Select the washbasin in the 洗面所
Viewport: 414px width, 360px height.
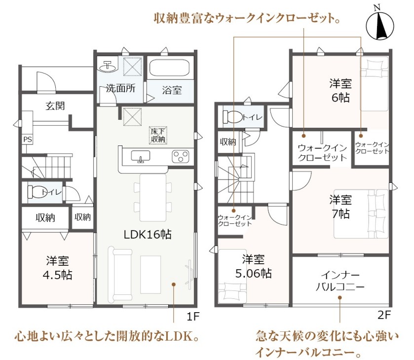click(x=108, y=67)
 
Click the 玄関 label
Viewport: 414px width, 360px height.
click(x=55, y=106)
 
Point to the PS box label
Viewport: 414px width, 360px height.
click(x=28, y=140)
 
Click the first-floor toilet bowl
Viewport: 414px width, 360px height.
click(x=38, y=192)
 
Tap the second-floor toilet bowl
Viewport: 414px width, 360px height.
click(x=233, y=117)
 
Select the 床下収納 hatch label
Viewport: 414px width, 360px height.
click(x=158, y=136)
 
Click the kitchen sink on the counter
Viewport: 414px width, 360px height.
click(x=141, y=156)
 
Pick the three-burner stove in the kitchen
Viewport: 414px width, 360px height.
click(x=180, y=156)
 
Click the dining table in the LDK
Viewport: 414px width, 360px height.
click(x=153, y=197)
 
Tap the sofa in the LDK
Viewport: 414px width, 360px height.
click(x=119, y=275)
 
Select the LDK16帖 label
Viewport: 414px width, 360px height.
click(x=148, y=234)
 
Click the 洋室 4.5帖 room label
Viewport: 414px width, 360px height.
click(x=57, y=268)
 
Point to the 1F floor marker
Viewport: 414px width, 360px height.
click(x=193, y=316)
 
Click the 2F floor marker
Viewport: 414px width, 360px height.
click(x=384, y=315)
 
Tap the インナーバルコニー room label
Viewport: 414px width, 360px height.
click(x=340, y=281)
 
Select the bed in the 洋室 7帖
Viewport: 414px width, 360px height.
click(x=361, y=214)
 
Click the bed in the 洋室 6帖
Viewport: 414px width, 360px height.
click(x=375, y=84)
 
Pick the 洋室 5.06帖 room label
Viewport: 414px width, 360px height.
click(x=253, y=266)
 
